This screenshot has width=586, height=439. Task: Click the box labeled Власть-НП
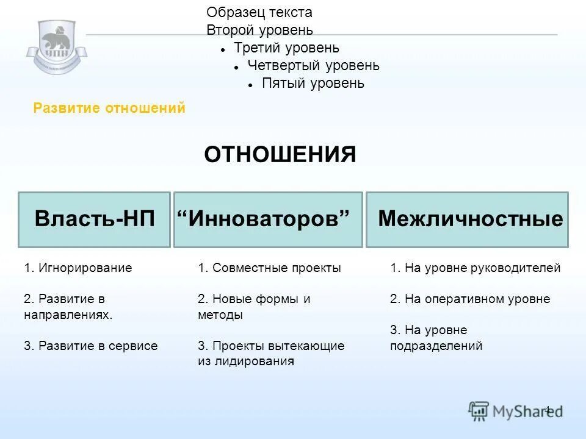click(94, 220)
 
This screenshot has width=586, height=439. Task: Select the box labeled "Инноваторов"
click(268, 220)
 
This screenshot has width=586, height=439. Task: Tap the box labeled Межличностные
click(467, 220)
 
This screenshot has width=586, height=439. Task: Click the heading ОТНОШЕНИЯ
click(280, 155)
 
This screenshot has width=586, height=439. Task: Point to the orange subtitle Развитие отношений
click(109, 109)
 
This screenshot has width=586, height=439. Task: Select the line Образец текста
click(259, 12)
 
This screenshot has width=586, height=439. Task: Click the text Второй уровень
click(259, 30)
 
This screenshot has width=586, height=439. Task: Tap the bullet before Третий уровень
click(224, 49)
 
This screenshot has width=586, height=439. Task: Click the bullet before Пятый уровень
click(251, 84)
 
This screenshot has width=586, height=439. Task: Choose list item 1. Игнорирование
click(78, 268)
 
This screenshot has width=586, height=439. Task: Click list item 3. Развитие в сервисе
click(91, 346)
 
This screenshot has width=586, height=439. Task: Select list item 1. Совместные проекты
click(269, 268)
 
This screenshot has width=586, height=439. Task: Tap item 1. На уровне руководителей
click(475, 268)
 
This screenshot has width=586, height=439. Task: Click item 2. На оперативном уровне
click(470, 299)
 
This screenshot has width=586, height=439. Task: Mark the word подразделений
click(436, 346)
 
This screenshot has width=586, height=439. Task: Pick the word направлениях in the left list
click(68, 315)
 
